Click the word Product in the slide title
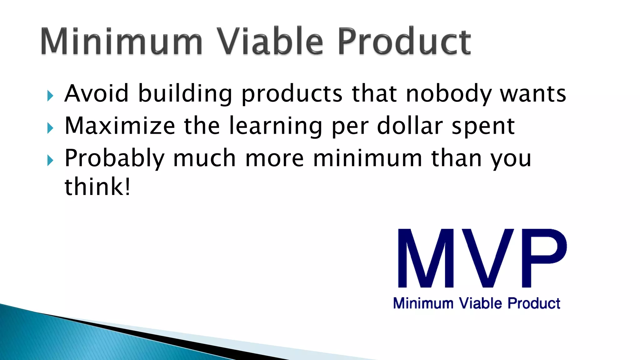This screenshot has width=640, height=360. (x=404, y=41)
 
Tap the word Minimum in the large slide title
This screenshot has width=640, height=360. (x=122, y=41)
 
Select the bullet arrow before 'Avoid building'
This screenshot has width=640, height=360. (x=50, y=96)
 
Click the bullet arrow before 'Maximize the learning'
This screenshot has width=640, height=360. (x=50, y=128)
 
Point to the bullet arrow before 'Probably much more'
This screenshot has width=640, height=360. (x=50, y=160)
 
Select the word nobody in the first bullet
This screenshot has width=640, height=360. (x=448, y=94)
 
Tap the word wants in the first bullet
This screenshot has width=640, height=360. (x=533, y=94)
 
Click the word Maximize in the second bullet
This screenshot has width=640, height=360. (x=120, y=126)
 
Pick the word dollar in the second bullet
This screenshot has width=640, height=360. (x=410, y=126)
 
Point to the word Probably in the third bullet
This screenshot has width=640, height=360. (x=114, y=158)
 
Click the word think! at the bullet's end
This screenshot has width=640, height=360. (x=97, y=187)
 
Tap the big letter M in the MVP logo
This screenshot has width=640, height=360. (x=426, y=258)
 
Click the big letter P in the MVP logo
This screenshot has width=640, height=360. (x=544, y=258)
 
